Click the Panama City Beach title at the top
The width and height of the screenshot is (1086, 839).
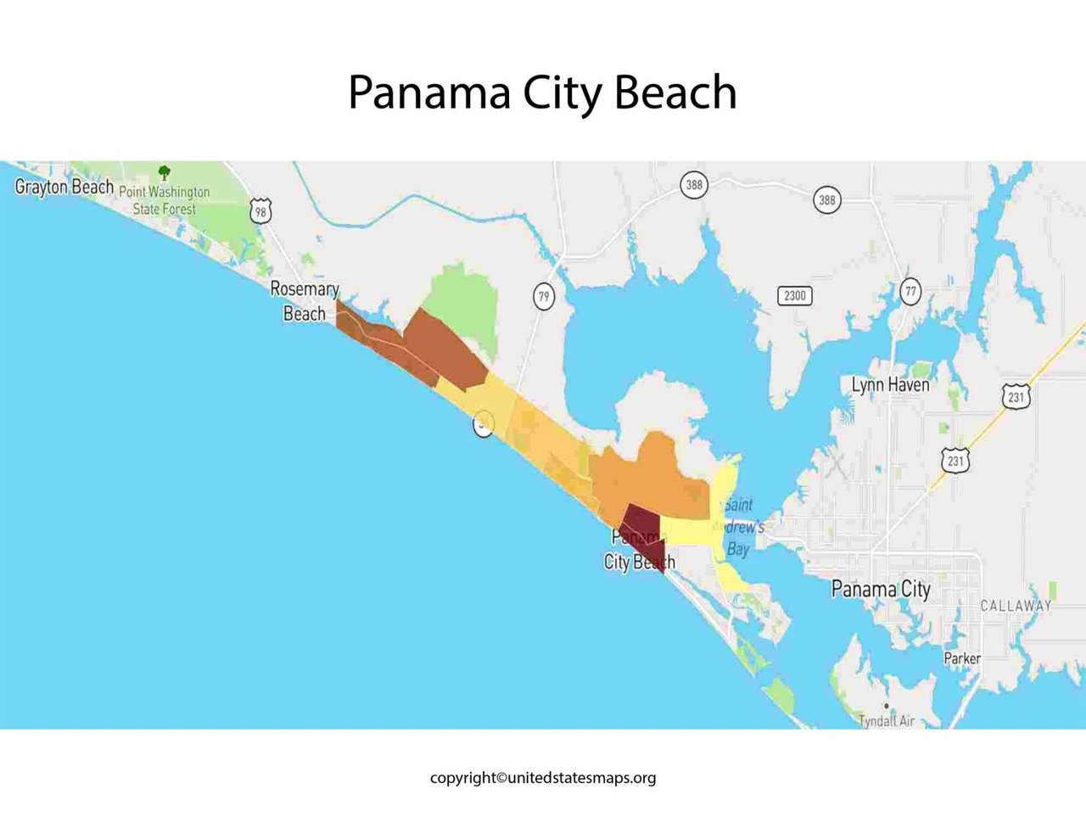click(x=542, y=92)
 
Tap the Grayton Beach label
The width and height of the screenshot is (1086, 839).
click(x=64, y=187)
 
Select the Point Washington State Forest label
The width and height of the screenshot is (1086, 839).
click(x=165, y=200)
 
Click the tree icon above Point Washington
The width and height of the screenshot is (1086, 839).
click(x=165, y=173)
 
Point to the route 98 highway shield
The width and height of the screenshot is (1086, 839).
click(x=260, y=210)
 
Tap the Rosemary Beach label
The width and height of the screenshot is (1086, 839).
click(x=304, y=301)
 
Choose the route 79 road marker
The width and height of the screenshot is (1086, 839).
click(x=544, y=297)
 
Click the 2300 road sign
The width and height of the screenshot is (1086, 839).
click(x=794, y=295)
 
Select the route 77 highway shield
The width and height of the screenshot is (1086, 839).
click(x=910, y=291)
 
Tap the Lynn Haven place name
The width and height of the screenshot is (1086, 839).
click(x=890, y=385)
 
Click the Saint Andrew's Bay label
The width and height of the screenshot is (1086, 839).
click(x=739, y=527)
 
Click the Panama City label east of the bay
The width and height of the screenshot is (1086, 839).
click(x=881, y=589)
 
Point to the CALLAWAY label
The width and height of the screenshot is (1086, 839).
click(x=1016, y=606)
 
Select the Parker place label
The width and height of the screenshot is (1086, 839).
click(x=962, y=658)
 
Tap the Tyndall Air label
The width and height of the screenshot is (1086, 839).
click(x=887, y=721)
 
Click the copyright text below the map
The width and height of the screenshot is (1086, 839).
click(x=542, y=777)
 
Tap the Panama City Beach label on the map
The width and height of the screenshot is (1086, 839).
click(x=639, y=550)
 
